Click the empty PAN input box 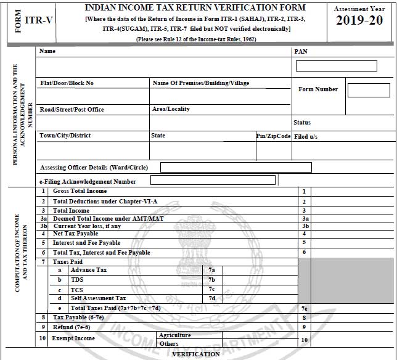336,66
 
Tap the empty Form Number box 368,90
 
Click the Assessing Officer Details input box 235,167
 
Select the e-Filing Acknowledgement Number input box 213,181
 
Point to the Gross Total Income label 80,191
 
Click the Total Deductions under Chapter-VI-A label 105,201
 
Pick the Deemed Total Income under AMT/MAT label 108,218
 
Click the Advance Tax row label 89,270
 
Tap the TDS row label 78,280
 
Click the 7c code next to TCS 211,289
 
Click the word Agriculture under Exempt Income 174,335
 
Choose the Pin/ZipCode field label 273,136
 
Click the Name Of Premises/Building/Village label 200,83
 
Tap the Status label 302,123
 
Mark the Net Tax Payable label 75,234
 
